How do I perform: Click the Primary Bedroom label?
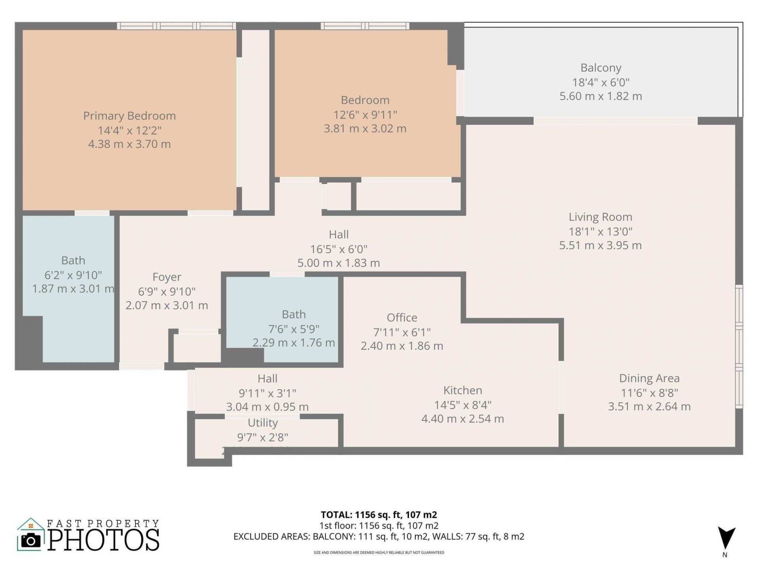(129, 116)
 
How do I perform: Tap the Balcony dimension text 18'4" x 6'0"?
(600, 82)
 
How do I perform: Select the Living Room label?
(600, 217)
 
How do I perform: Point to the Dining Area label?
(649, 378)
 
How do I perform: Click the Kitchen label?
(462, 390)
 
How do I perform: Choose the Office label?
(402, 318)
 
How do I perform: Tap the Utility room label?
(263, 423)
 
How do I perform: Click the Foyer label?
(167, 277)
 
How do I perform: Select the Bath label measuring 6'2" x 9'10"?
(73, 261)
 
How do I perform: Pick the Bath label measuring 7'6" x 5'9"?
(293, 314)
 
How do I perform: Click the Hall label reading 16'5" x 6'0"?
(338, 235)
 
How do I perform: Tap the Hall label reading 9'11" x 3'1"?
(267, 379)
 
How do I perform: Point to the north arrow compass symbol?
(726, 539)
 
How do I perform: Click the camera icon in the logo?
(30, 540)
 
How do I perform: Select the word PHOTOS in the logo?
(103, 540)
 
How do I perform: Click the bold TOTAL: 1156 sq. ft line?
(379, 515)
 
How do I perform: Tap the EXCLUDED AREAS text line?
(379, 536)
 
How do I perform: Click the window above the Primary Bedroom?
(176, 26)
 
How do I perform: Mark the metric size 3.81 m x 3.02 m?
(365, 129)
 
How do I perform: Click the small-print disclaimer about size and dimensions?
(379, 553)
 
